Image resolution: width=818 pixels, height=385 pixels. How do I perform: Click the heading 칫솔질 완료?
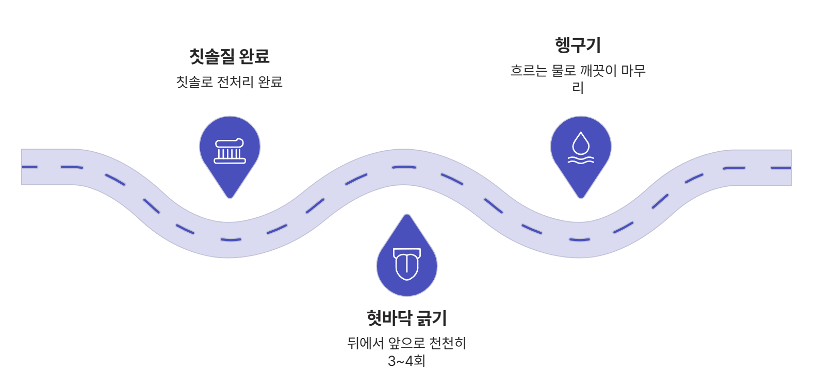click(230, 56)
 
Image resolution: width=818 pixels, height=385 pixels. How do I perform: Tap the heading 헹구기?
click(578, 45)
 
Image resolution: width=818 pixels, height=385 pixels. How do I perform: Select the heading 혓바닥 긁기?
click(406, 318)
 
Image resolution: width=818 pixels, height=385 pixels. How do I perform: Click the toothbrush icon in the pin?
click(230, 151)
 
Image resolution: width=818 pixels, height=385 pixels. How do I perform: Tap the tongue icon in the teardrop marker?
click(407, 264)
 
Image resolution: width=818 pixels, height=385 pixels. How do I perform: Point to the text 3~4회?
click(406, 361)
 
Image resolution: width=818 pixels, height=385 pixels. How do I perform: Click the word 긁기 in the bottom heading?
click(432, 318)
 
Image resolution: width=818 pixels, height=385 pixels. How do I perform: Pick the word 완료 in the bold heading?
click(254, 56)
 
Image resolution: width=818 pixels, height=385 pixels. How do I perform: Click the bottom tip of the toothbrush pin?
click(230, 197)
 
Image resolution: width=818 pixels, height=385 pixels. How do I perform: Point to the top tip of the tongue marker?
click(407, 216)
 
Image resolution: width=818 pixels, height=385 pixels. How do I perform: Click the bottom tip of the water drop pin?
click(581, 197)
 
